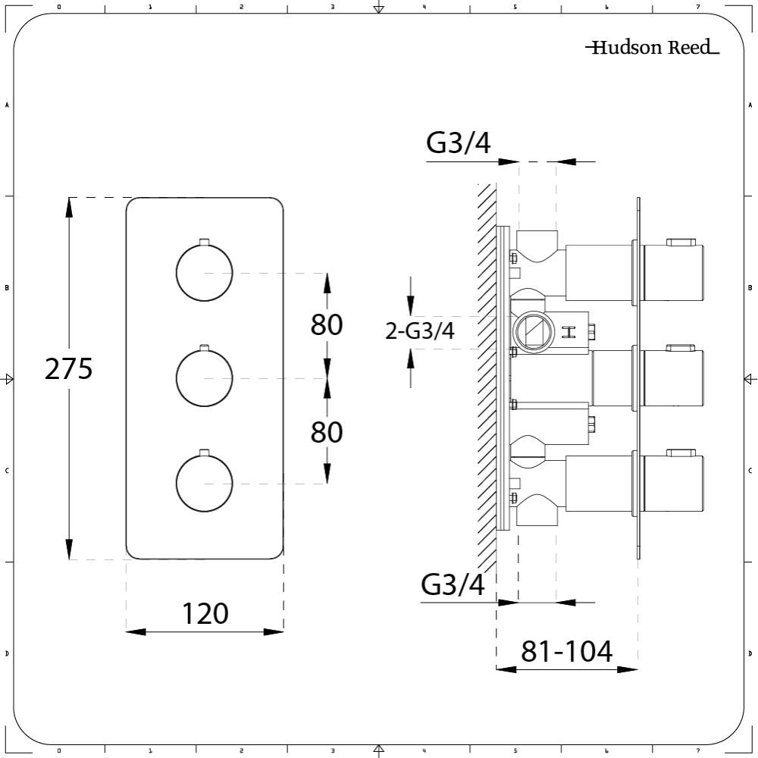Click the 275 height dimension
pyautogui.click(x=69, y=369)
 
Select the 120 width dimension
pyautogui.click(x=205, y=613)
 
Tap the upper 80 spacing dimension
pyautogui.click(x=327, y=324)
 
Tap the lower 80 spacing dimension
pyautogui.click(x=327, y=432)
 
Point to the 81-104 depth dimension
pyautogui.click(x=566, y=651)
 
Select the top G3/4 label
pyautogui.click(x=459, y=143)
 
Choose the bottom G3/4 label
pyautogui.click(x=453, y=585)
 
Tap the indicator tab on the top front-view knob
pyautogui.click(x=204, y=242)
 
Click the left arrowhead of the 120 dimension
pyautogui.click(x=134, y=631)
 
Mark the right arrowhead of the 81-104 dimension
pyautogui.click(x=628, y=669)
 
